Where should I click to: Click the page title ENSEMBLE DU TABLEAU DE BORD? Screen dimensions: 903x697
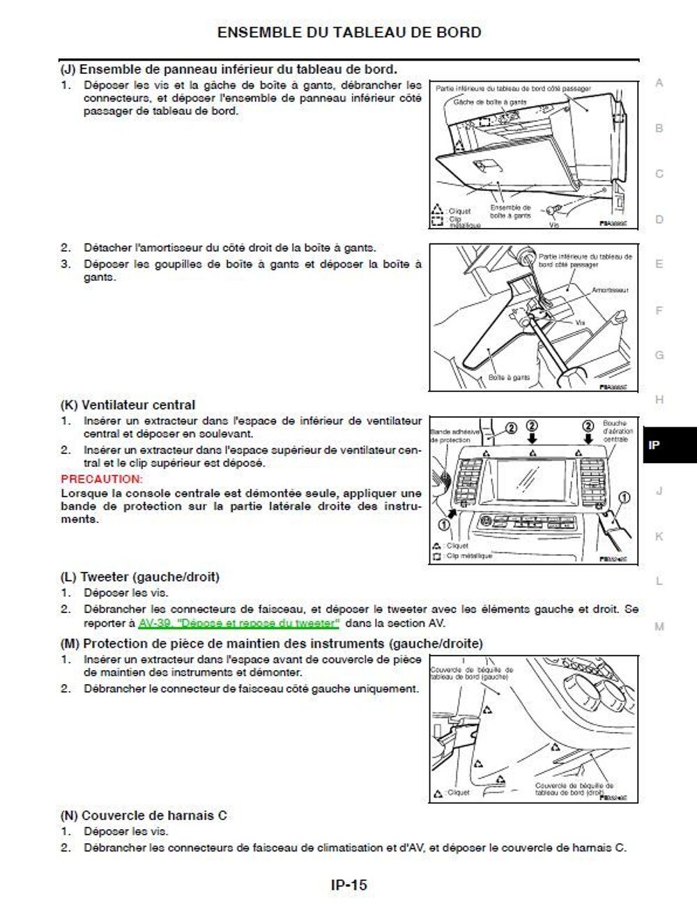[x=348, y=32]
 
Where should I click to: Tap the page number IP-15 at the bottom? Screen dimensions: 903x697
[x=348, y=885]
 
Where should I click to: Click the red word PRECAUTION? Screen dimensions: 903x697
[x=102, y=479]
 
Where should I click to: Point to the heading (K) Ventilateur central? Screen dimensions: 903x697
[x=128, y=405]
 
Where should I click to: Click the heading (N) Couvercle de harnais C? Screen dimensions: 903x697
[x=144, y=815]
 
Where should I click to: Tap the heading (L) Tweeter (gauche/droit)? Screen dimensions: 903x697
[x=139, y=577]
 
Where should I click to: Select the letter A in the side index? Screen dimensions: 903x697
[x=659, y=83]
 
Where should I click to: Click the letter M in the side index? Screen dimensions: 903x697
[x=659, y=626]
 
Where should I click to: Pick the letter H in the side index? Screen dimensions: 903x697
[x=659, y=400]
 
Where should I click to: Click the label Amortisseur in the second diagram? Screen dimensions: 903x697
[x=610, y=290]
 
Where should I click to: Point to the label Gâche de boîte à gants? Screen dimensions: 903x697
[x=490, y=102]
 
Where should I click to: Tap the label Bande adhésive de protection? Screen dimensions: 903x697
[x=455, y=436]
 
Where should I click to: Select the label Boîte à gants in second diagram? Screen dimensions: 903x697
[x=509, y=377]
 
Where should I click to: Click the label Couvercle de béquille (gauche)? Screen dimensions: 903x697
[x=472, y=673]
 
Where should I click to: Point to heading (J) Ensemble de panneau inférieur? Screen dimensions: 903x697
[x=229, y=69]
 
